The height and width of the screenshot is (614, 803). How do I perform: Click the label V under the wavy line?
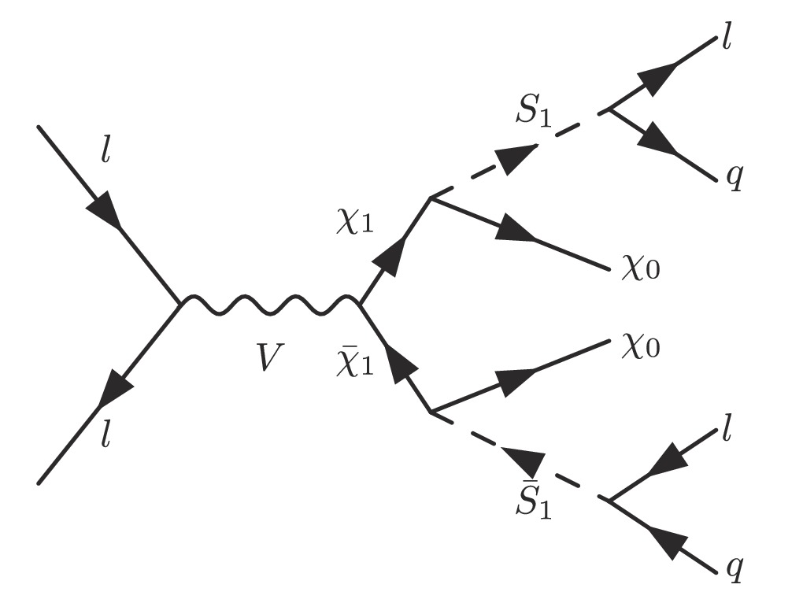[x=269, y=359]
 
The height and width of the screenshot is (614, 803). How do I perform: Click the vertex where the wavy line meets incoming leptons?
[x=182, y=301]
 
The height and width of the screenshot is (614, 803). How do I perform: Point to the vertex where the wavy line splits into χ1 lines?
[x=359, y=302]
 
